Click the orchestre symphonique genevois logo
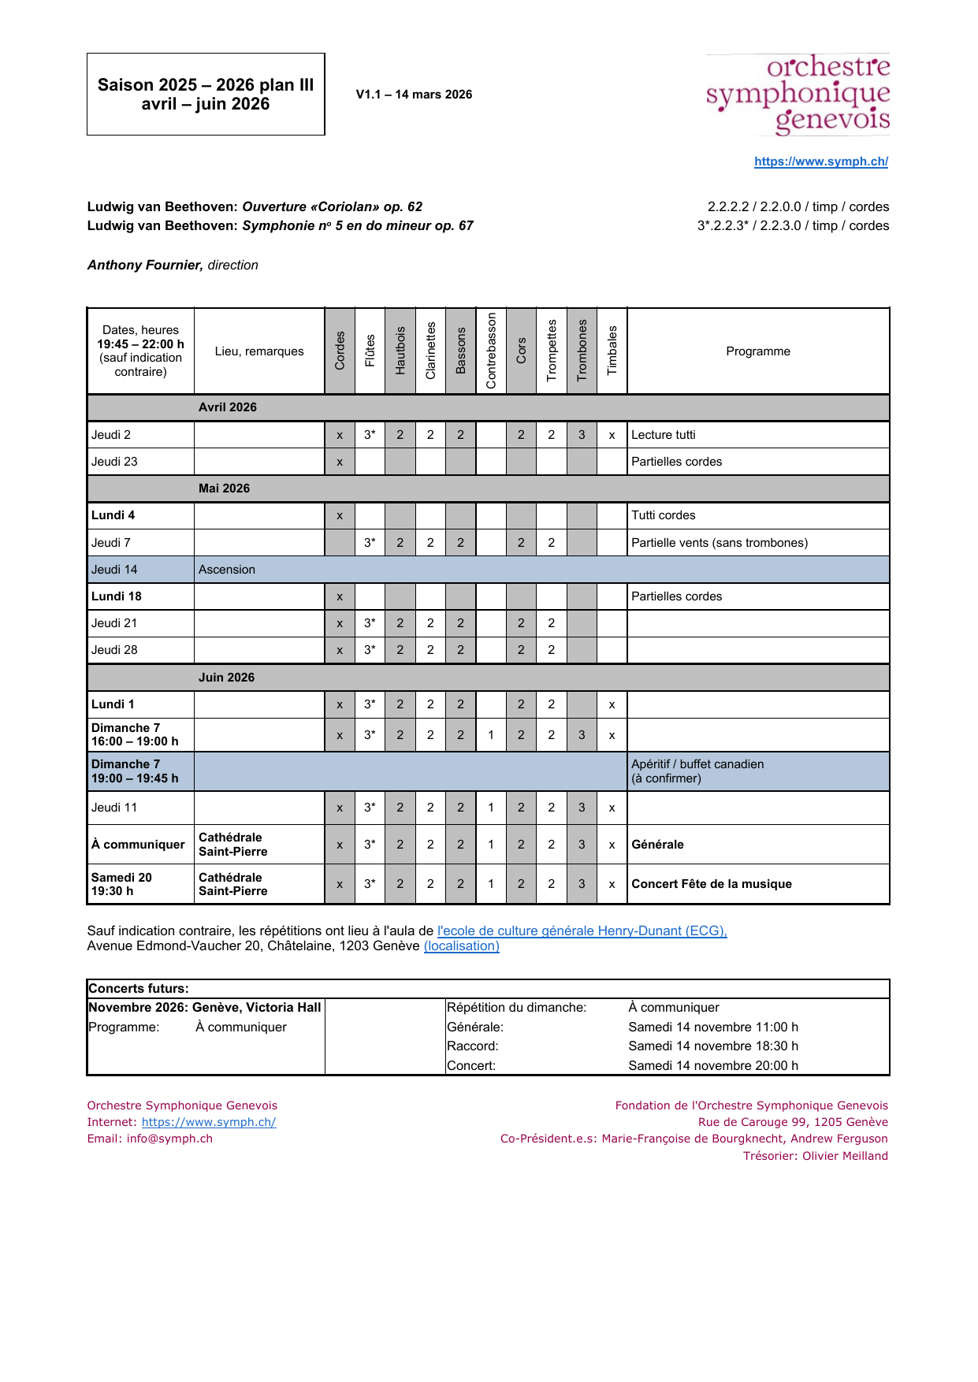click(x=798, y=95)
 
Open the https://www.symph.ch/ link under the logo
click(x=820, y=162)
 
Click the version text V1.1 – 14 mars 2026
click(x=414, y=95)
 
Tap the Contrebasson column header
click(x=491, y=351)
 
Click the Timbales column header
click(x=612, y=351)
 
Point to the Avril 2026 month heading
click(x=227, y=407)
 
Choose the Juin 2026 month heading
click(x=226, y=678)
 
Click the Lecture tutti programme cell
click(x=663, y=435)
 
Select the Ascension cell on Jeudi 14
click(x=227, y=570)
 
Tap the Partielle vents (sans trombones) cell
click(x=719, y=543)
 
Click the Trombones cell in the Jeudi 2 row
click(x=582, y=435)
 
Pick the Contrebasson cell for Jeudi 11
click(x=491, y=808)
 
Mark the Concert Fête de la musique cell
click(x=711, y=884)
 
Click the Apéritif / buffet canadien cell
click(x=697, y=771)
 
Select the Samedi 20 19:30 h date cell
click(x=122, y=884)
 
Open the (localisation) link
click(x=461, y=946)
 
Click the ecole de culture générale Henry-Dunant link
click(x=582, y=931)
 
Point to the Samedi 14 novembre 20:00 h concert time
click(x=713, y=1066)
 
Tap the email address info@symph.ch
click(x=169, y=1139)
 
